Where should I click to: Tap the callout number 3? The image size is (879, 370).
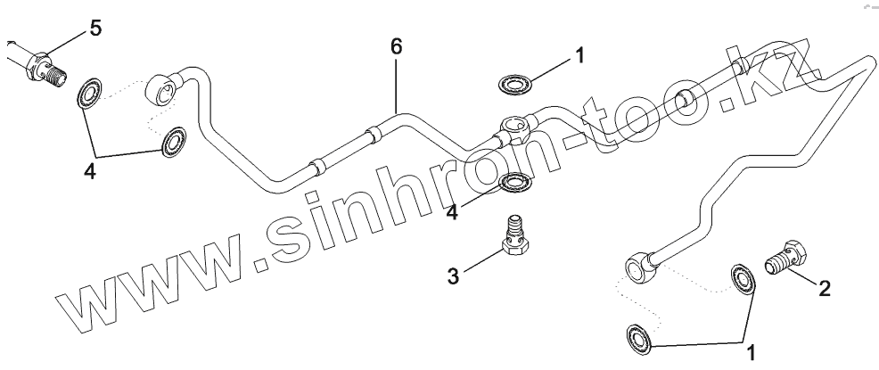453,275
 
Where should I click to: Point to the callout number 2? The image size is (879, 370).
826,288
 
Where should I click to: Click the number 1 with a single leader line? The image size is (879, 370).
579,56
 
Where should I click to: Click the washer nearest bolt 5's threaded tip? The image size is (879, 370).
89,93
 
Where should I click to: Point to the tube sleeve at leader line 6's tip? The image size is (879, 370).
374,136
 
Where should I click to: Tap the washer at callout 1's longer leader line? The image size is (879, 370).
639,337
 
